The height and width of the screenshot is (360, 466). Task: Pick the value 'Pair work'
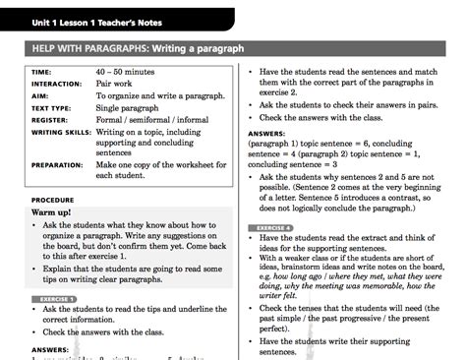click(x=117, y=85)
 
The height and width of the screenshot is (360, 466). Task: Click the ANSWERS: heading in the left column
click(x=49, y=349)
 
